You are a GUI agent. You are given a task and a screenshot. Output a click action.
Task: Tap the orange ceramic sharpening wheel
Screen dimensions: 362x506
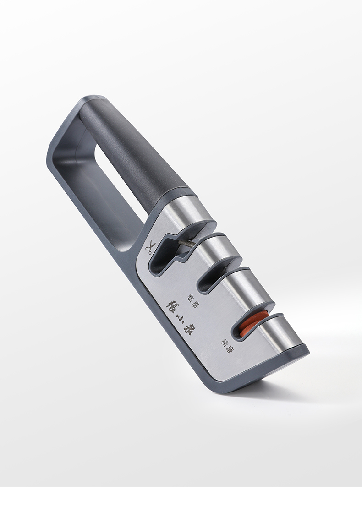click(249, 323)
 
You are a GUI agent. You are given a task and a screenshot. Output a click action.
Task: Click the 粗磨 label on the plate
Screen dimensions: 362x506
click(192, 300)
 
